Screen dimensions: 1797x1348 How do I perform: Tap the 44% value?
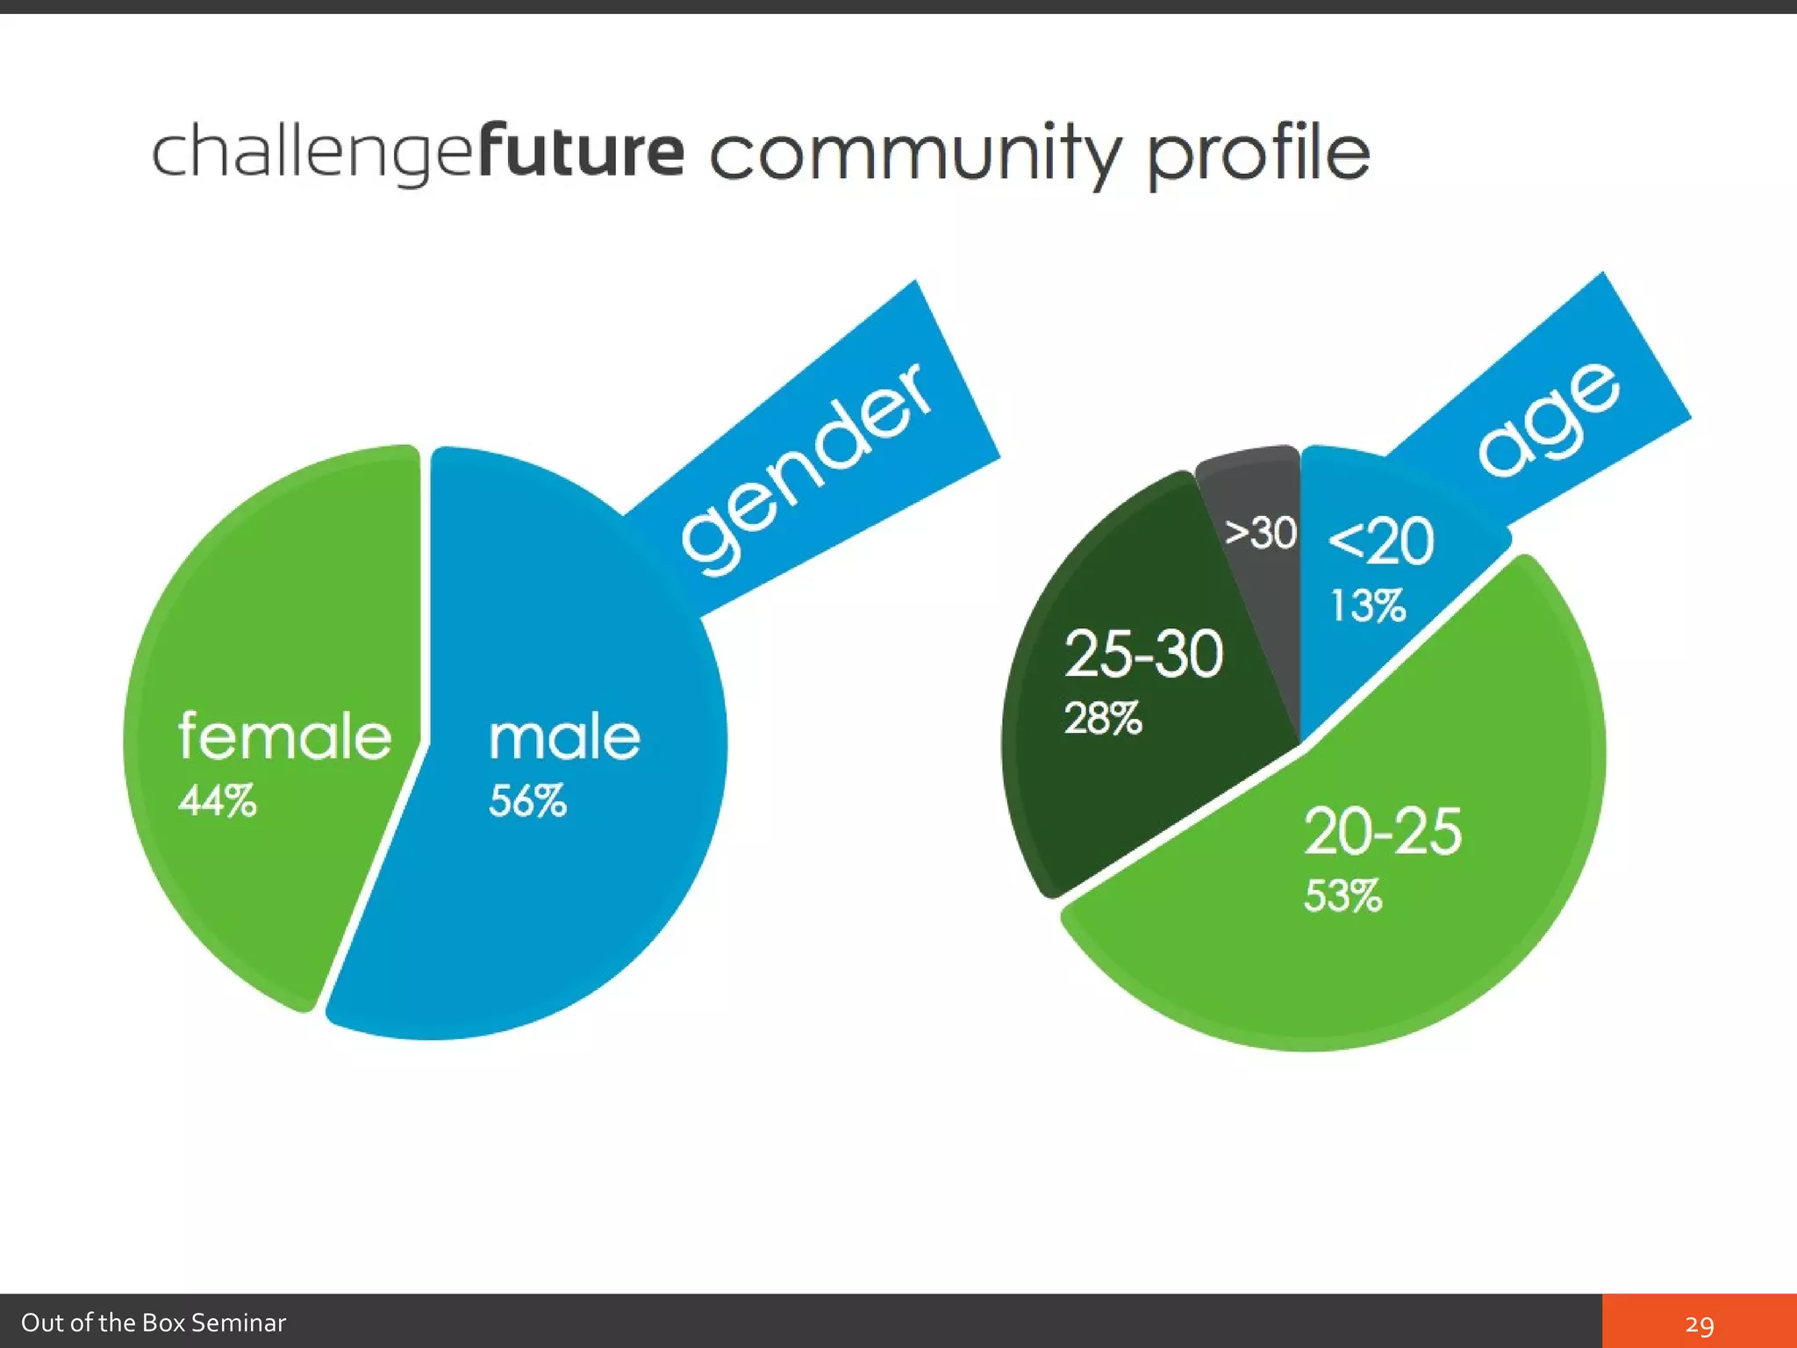218,800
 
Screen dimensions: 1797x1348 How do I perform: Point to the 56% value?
527,800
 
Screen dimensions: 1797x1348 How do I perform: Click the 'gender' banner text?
805,470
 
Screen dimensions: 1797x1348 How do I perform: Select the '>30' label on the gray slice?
1261,533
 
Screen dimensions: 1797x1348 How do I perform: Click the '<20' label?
1381,541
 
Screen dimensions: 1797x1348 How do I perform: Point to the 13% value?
1369,606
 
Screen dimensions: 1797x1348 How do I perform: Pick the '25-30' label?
1143,654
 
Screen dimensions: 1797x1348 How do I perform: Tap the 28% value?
1103,718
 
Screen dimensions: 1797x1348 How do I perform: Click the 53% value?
1342,896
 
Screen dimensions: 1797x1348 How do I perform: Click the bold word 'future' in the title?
581,150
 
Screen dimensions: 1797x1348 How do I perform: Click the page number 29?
1699,1324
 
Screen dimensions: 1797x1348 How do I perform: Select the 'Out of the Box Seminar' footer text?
154,1323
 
